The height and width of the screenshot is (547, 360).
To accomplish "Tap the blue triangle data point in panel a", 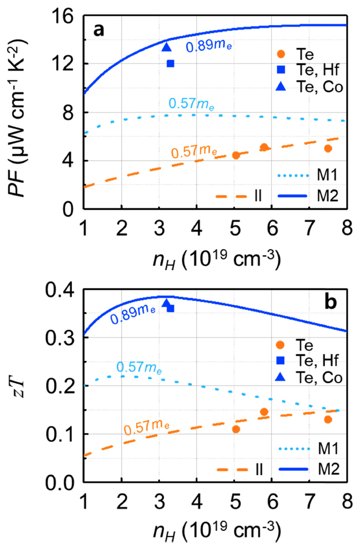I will pos(166,47).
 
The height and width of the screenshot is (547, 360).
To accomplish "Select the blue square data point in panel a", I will pos(171,64).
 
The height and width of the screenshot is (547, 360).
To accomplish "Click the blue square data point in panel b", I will pos(171,308).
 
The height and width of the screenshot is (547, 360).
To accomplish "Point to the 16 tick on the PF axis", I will pos(68,16).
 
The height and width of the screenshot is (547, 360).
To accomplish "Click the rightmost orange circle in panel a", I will pos(328,149).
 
